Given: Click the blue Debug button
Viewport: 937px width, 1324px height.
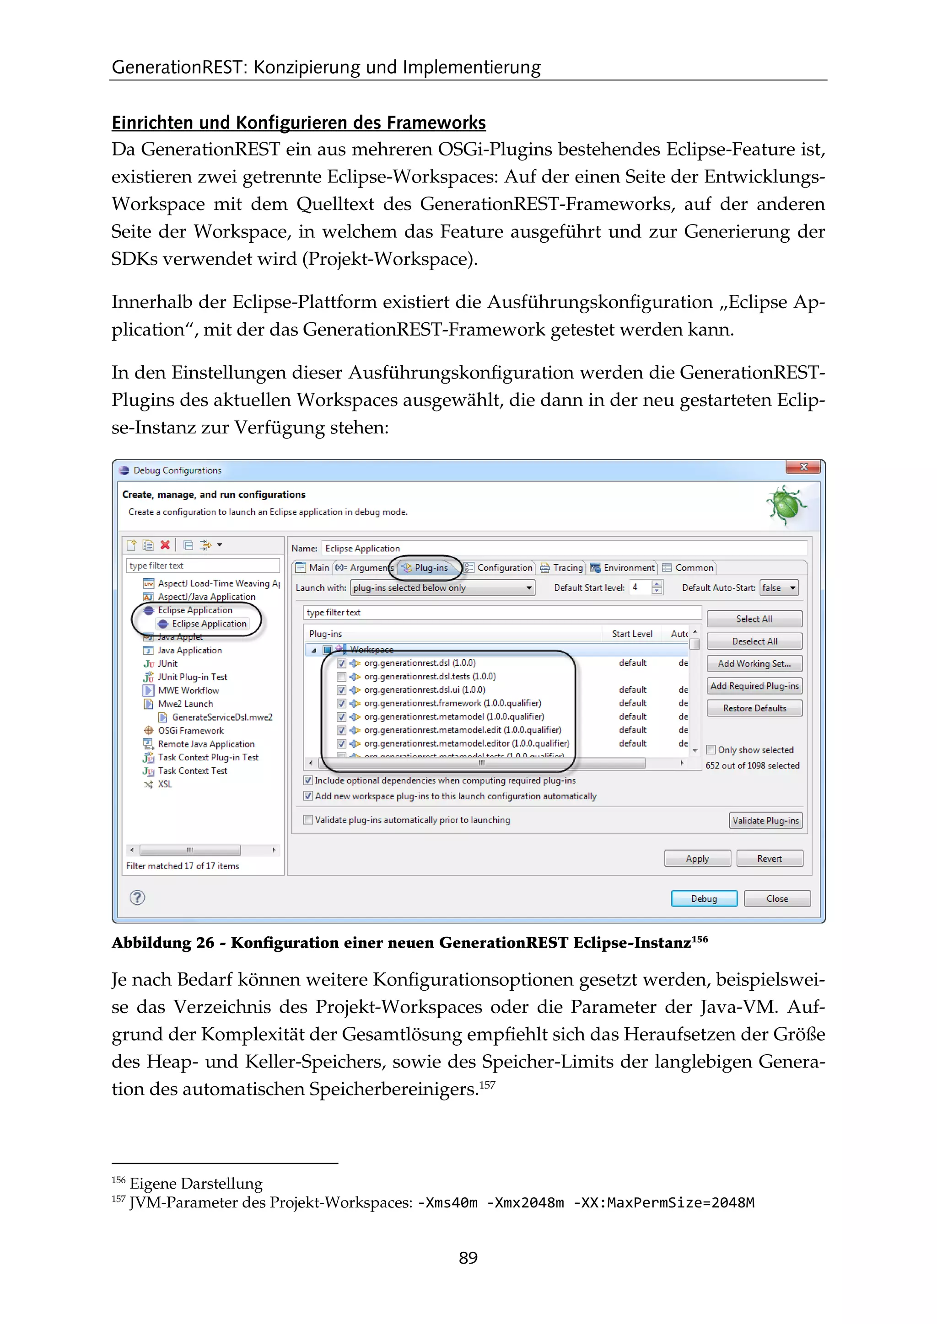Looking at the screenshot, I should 703,898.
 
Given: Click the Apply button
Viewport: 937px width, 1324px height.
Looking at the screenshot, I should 697,859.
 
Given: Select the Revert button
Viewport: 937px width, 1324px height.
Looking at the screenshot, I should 769,859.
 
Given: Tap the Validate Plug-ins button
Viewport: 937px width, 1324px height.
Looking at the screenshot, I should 765,821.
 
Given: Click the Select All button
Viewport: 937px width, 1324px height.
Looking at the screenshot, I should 754,619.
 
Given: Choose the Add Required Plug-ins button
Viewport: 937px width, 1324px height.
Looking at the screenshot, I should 754,686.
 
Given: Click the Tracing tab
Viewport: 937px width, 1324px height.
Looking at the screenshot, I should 563,567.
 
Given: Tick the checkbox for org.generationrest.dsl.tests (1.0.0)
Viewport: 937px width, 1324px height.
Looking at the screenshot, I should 342,677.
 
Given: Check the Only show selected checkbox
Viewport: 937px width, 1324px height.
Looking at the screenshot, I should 711,750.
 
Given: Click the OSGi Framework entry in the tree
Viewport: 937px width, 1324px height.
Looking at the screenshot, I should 190,731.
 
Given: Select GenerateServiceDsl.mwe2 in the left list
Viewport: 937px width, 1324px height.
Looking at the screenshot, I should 221,717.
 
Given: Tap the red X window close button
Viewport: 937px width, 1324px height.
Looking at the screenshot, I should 802,467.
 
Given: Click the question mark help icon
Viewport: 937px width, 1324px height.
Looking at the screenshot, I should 137,897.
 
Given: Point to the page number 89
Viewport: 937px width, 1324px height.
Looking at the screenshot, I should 468,1258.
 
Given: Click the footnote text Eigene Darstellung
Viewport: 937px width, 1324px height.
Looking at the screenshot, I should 196,1184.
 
